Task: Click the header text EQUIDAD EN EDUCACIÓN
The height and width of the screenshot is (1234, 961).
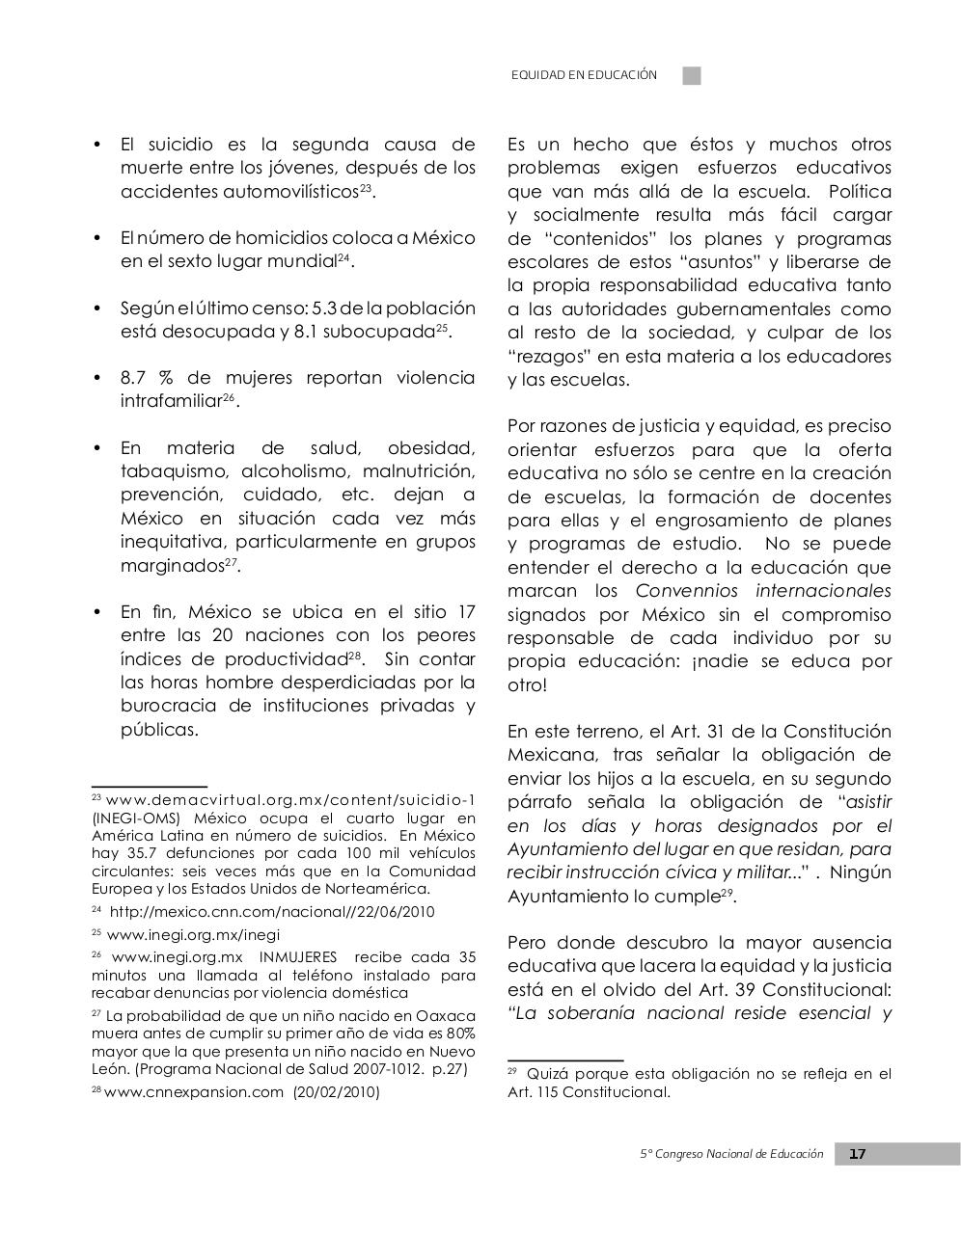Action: (584, 75)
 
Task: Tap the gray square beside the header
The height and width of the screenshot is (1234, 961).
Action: (692, 75)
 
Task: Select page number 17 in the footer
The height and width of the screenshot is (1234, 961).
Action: (858, 1154)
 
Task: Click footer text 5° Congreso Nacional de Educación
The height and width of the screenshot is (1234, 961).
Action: (732, 1154)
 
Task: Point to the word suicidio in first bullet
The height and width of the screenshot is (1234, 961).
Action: (180, 145)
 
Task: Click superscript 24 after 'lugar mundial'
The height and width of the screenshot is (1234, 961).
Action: (343, 257)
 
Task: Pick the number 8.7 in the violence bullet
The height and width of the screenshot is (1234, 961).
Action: (133, 378)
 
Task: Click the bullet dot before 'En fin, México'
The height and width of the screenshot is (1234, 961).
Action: (96, 612)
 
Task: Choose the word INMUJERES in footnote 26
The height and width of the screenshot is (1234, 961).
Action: (298, 957)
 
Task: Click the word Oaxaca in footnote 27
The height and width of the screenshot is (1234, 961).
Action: (447, 1016)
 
